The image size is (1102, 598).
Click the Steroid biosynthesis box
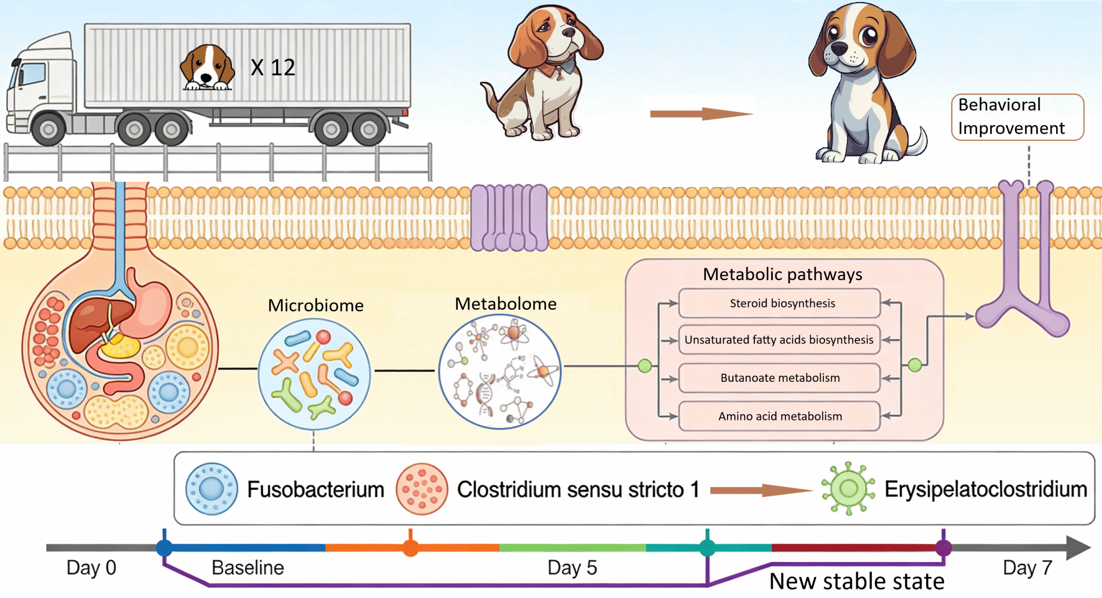[779, 303]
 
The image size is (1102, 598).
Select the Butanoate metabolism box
[779, 378]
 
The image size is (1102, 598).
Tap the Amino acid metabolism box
[779, 416]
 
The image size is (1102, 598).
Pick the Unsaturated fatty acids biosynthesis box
[779, 340]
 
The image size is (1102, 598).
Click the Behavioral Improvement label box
[1017, 117]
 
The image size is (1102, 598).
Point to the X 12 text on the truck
[273, 68]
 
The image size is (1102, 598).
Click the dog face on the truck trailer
[207, 68]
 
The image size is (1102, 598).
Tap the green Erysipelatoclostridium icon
[848, 488]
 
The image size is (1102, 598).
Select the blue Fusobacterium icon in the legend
[211, 489]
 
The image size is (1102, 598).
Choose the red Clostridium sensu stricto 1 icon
[422, 489]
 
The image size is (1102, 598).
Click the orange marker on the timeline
[411, 548]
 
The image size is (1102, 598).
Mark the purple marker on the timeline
[943, 548]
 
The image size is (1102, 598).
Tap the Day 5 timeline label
[572, 568]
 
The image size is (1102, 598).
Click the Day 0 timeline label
[91, 568]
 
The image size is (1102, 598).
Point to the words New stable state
[857, 581]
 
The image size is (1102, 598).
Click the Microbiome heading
[316, 305]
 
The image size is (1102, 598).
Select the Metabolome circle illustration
[500, 372]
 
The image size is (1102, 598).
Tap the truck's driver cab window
[32, 74]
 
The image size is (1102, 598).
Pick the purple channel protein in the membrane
[509, 218]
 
